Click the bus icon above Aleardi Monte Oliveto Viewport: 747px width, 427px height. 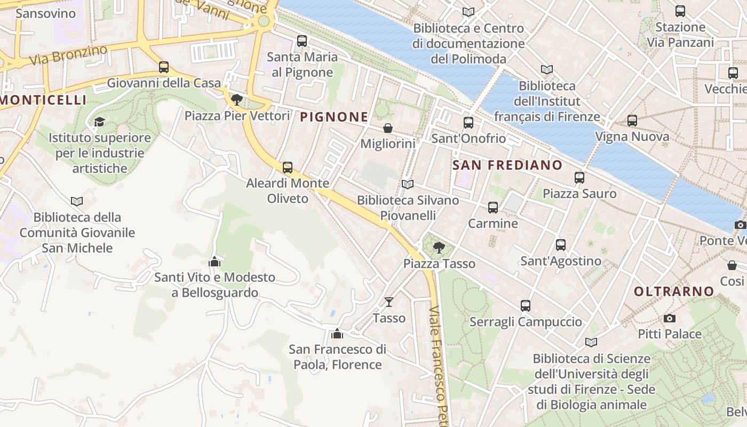(288, 168)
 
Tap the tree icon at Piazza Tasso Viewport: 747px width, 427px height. (439, 247)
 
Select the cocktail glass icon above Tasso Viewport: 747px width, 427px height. (389, 302)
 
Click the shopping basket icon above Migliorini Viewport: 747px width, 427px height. (388, 128)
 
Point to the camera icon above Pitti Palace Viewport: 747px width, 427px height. (670, 318)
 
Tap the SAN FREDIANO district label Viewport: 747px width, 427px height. (507, 165)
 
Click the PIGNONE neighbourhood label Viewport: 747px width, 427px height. (335, 116)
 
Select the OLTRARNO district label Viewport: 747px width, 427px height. (674, 291)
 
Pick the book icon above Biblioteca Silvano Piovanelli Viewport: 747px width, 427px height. (408, 184)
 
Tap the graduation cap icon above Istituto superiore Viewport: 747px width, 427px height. (99, 122)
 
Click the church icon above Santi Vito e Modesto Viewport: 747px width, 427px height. (214, 262)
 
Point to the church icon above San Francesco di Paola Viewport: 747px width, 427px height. (337, 334)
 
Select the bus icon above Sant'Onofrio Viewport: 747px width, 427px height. (468, 123)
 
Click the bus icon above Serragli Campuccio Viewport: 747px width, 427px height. (526, 306)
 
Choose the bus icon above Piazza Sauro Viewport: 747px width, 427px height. (579, 178)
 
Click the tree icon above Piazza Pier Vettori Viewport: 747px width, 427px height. (237, 100)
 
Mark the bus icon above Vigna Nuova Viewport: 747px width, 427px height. (632, 121)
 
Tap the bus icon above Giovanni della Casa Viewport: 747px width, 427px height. (164, 67)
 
